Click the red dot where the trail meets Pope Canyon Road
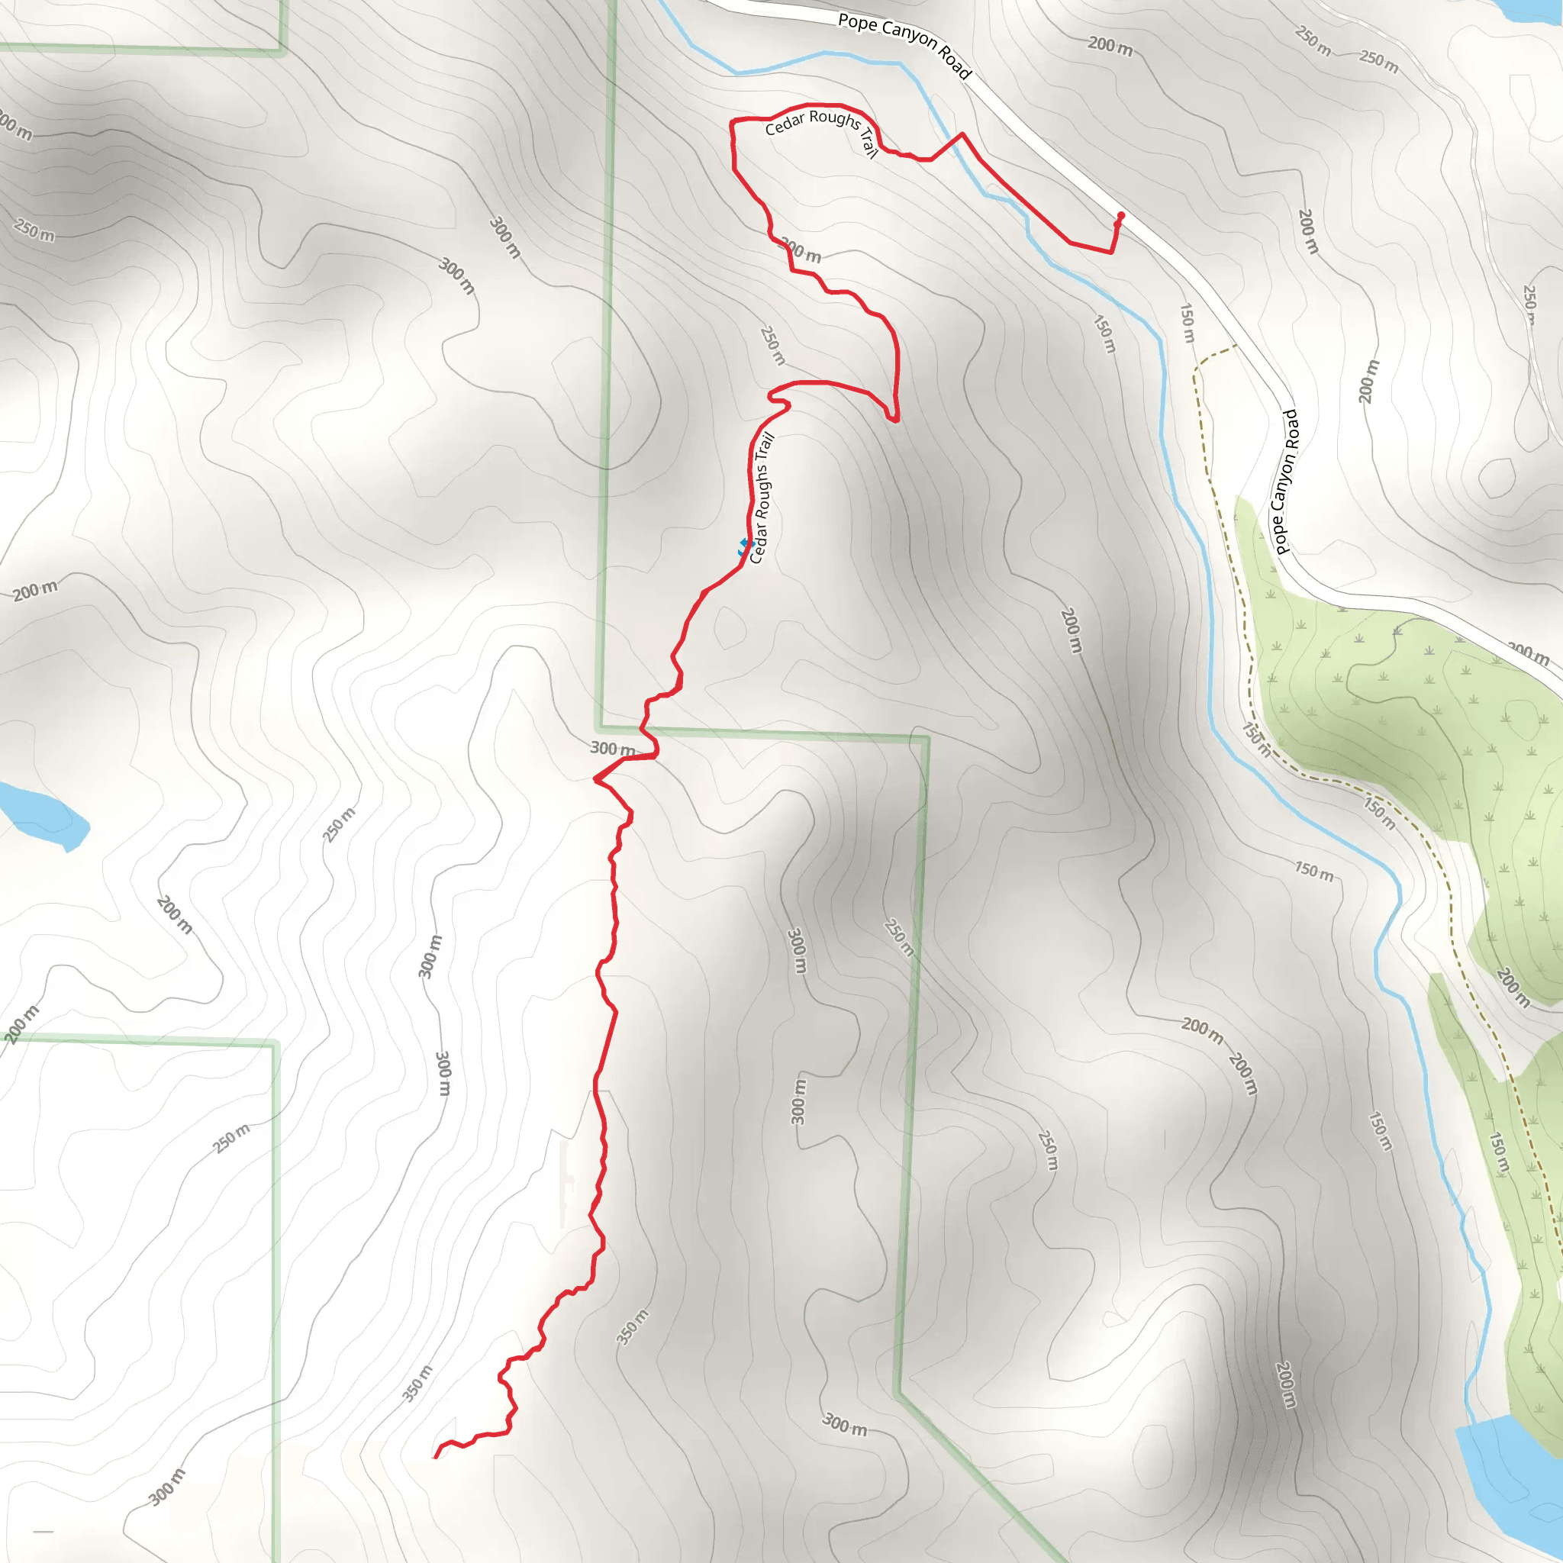pyautogui.click(x=1120, y=215)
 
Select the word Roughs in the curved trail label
pyautogui.click(x=835, y=119)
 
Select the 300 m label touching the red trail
pyautogui.click(x=612, y=749)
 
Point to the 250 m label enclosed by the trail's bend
pyautogui.click(x=772, y=346)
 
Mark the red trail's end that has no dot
pyautogui.click(x=436, y=1457)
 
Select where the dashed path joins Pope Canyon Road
pyautogui.click(x=1236, y=346)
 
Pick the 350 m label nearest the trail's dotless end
pyautogui.click(x=417, y=1384)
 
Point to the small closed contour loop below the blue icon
pyautogui.click(x=729, y=627)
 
